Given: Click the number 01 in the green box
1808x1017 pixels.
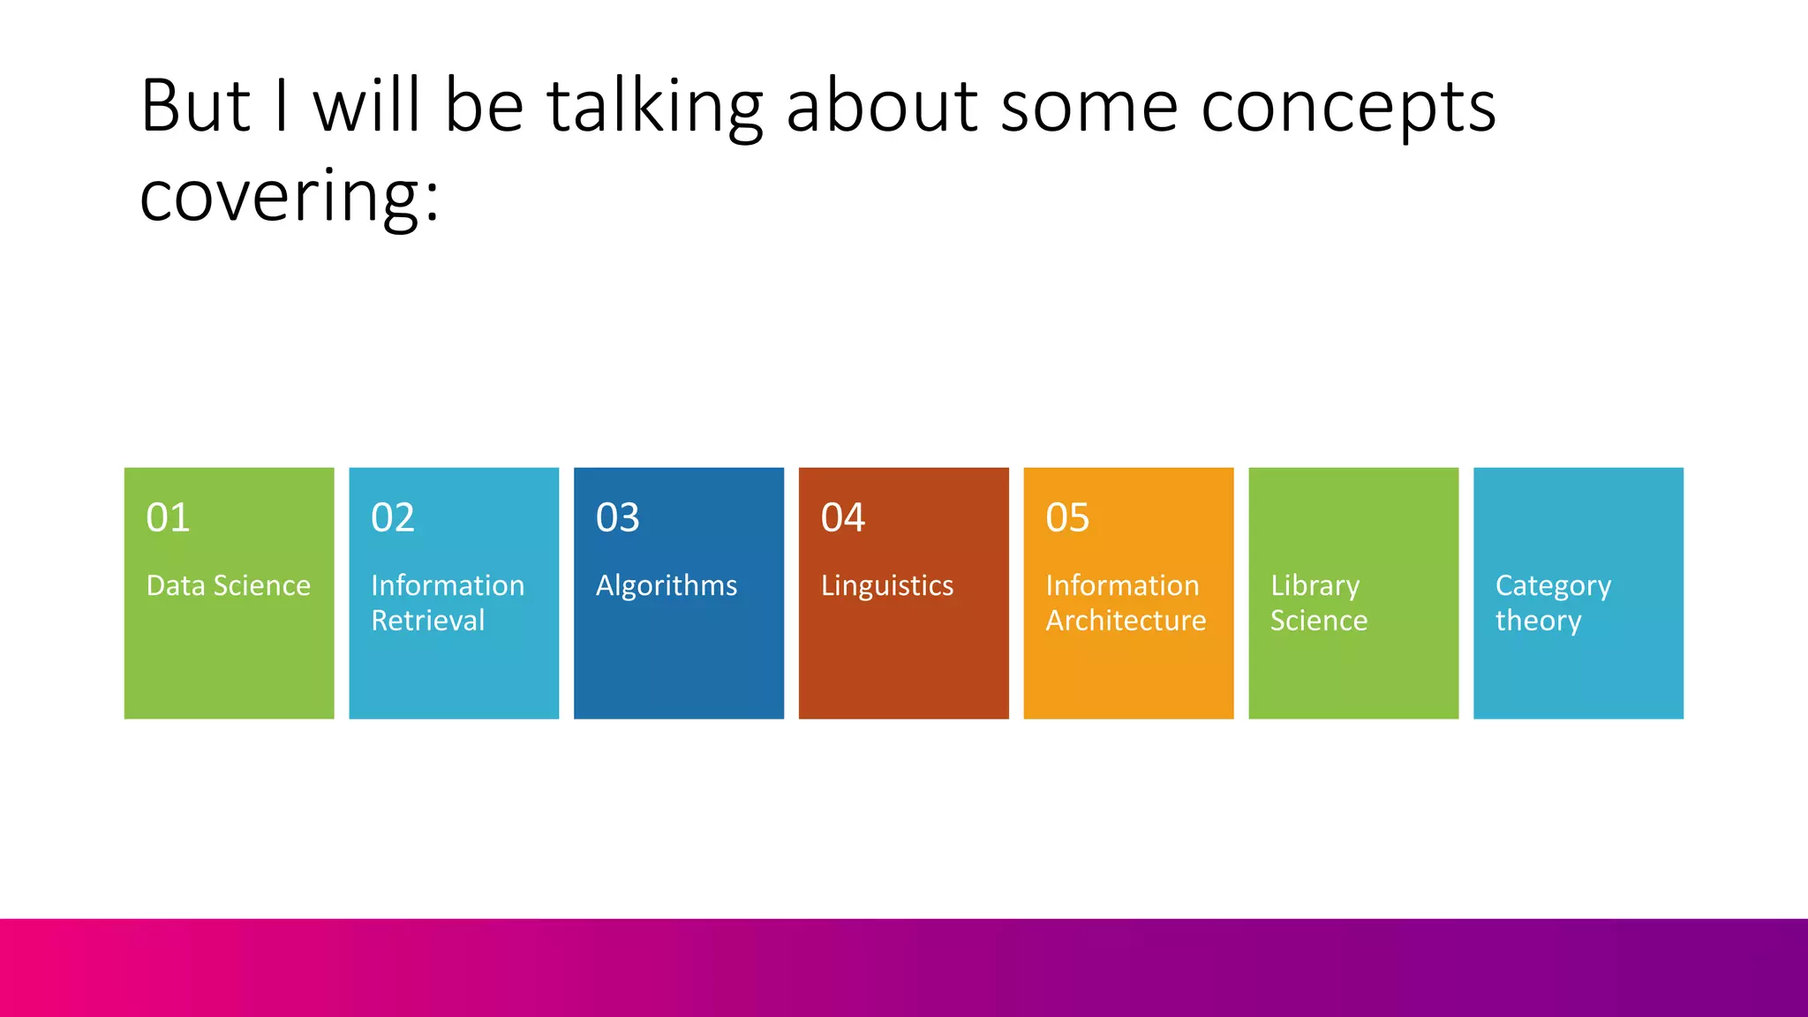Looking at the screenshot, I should click(168, 517).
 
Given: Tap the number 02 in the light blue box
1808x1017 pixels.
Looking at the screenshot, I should click(393, 517).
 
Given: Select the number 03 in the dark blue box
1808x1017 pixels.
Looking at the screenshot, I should click(617, 517).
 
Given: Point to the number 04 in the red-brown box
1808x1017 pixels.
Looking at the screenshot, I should click(842, 517).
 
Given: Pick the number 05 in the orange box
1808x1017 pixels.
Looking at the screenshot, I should click(1067, 517).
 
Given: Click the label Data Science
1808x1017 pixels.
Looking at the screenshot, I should click(228, 585).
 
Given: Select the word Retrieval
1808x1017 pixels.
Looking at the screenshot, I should click(428, 621).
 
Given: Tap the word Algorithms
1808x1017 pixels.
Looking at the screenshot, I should click(667, 585).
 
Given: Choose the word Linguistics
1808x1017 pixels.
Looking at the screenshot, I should click(887, 585).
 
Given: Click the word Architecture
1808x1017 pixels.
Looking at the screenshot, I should click(1126, 621).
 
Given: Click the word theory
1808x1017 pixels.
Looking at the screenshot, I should click(1538, 621).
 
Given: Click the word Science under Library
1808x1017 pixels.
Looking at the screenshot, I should click(1319, 621).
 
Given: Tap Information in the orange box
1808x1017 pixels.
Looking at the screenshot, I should click(1122, 585).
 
